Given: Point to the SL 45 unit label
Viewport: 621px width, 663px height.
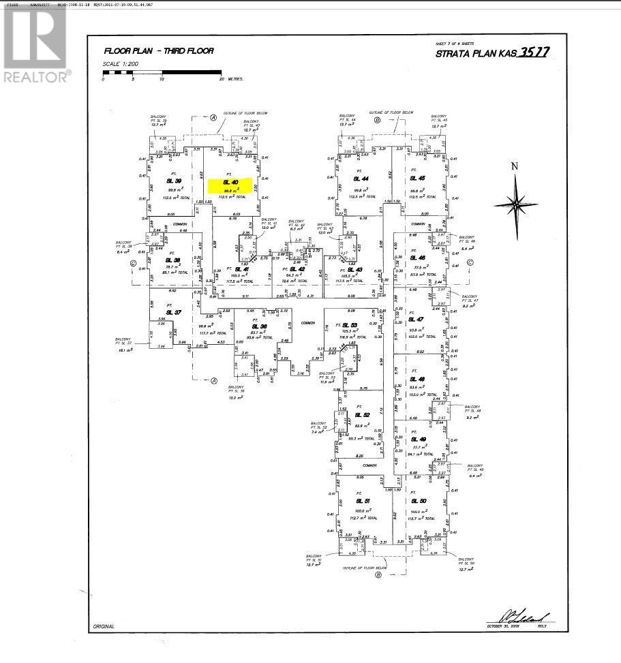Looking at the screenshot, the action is [x=418, y=179].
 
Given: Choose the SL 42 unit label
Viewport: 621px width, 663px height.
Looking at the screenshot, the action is [x=297, y=269].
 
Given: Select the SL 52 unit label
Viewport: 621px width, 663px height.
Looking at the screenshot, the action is [x=362, y=415].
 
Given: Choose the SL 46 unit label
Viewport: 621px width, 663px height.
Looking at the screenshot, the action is [x=417, y=258].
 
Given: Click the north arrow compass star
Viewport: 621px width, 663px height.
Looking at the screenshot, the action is [x=516, y=202].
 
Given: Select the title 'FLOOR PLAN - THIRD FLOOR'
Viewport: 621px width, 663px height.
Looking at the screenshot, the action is [x=158, y=51].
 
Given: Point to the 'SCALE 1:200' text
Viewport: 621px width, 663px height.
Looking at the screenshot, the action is [x=120, y=65].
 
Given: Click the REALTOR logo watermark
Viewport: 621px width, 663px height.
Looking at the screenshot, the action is [x=35, y=44].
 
